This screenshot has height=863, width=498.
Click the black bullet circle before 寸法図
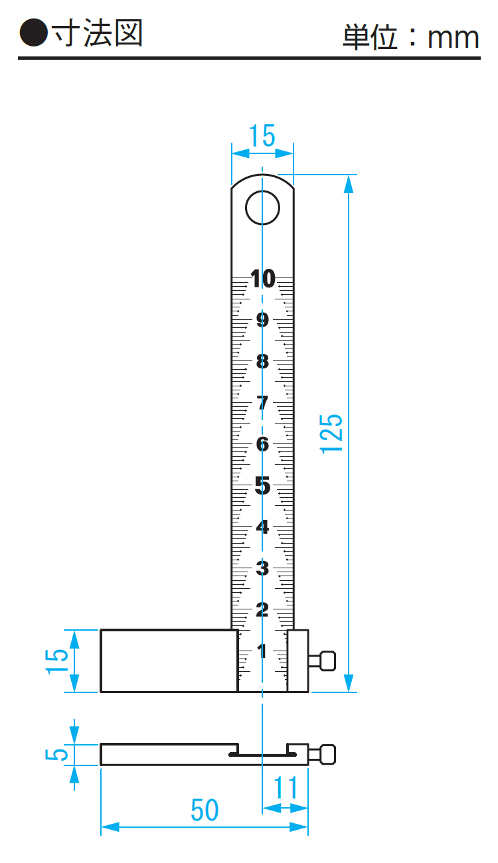(34, 33)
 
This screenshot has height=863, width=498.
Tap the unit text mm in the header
(454, 38)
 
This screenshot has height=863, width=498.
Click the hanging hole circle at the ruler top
(262, 208)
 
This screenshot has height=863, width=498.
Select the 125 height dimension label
(331, 433)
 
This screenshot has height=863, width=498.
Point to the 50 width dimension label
(205, 810)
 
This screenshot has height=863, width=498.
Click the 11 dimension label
(286, 787)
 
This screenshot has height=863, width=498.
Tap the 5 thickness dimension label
(56, 754)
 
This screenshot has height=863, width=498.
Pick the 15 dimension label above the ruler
(262, 135)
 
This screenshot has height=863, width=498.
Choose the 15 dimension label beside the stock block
(56, 661)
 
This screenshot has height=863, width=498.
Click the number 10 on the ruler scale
(263, 279)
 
